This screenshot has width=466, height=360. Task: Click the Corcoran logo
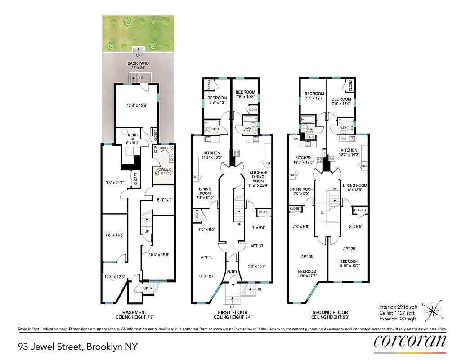pos(410,341)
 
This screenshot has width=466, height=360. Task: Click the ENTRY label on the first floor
pos(232,272)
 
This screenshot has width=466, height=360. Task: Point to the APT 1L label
pos(207,257)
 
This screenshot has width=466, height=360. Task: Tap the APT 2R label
pos(349,249)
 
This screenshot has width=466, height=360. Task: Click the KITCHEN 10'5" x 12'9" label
pos(303,160)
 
